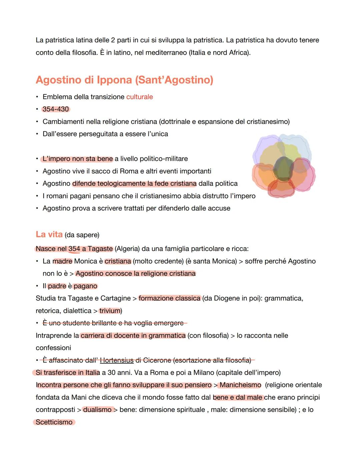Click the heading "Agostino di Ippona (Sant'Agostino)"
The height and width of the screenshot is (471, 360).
pos(124,80)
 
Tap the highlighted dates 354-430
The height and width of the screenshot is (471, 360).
pos(56,109)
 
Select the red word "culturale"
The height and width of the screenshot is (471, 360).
pos(139,97)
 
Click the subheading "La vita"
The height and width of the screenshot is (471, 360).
pos(49,234)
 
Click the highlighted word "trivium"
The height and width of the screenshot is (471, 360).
pos(110,311)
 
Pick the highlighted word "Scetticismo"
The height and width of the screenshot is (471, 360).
pos(54,422)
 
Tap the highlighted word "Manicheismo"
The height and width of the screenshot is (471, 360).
pos(240,385)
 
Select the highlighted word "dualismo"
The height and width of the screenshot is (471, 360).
pos(97,410)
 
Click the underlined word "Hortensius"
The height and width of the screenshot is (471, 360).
pos(117,360)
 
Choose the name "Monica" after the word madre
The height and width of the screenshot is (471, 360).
pos(85,261)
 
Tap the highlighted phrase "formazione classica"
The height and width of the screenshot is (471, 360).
pos(169,298)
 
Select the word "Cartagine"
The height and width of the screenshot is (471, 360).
pos(116,298)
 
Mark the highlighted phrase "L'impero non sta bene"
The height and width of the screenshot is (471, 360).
pos(78,159)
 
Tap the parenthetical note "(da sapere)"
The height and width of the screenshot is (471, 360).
pos(82,235)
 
